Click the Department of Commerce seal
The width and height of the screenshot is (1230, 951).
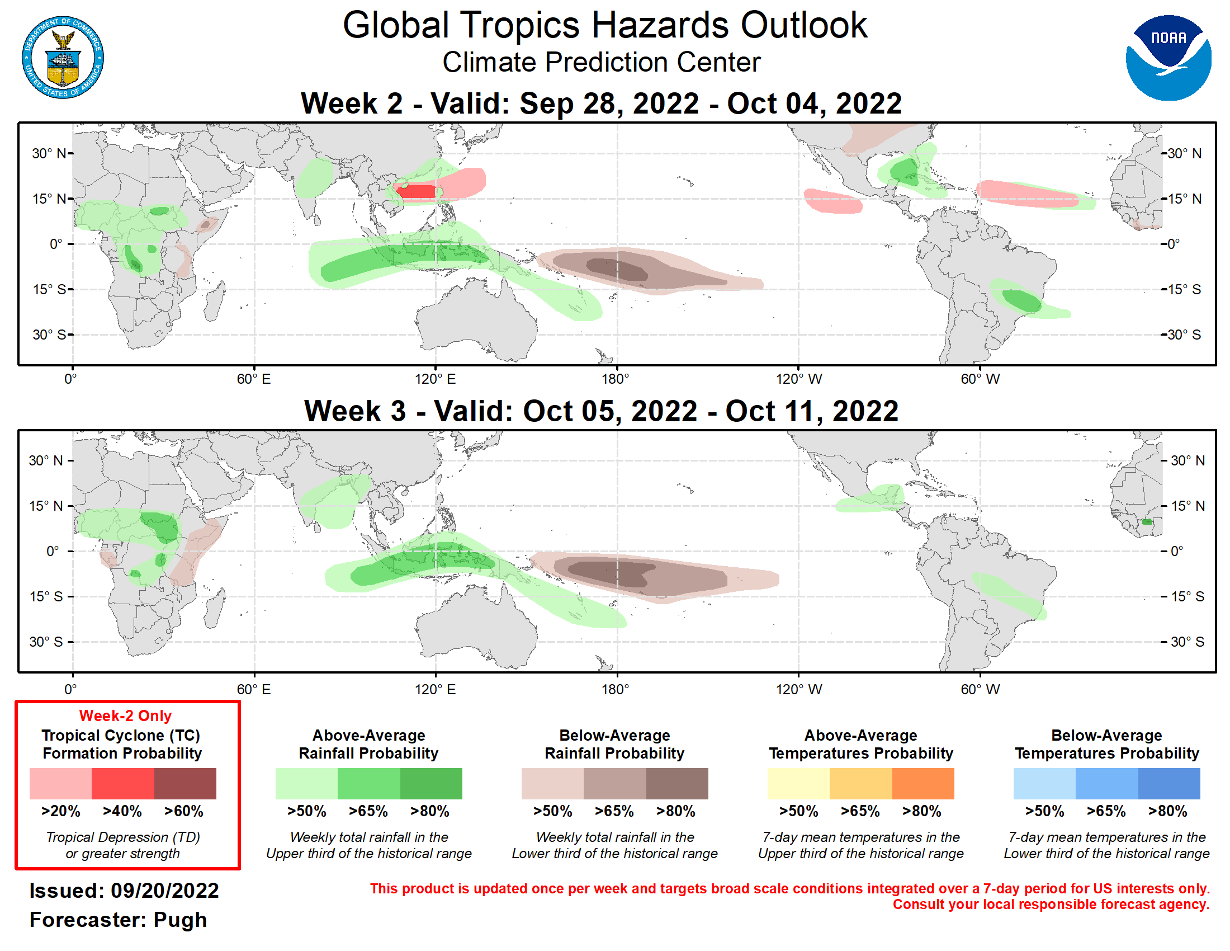(x=63, y=58)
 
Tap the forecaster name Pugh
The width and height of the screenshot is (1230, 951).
(x=179, y=920)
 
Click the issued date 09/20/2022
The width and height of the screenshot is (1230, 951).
(x=164, y=891)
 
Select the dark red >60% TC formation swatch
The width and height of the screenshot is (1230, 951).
(x=184, y=783)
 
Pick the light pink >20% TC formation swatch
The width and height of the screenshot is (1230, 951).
(x=60, y=783)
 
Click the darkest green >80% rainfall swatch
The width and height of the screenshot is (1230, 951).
(x=431, y=783)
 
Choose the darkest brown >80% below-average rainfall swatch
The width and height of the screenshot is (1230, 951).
(x=676, y=783)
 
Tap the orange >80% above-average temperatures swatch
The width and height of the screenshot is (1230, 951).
(x=922, y=783)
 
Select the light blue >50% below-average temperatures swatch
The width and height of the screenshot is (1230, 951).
(x=1044, y=783)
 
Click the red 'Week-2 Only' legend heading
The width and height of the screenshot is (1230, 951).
(x=125, y=715)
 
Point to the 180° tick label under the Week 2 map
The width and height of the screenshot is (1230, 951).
(x=615, y=379)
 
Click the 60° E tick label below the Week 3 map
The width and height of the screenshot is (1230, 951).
(x=253, y=689)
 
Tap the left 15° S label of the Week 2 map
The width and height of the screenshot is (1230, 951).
(x=49, y=290)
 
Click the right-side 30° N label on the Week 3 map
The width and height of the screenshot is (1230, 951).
(x=1187, y=460)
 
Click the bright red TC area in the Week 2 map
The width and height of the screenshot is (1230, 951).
(x=417, y=191)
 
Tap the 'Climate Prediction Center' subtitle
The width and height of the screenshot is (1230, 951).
(x=601, y=62)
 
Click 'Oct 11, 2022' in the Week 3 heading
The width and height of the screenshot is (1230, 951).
(x=812, y=411)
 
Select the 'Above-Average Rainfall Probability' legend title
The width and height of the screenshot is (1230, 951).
(x=368, y=744)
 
